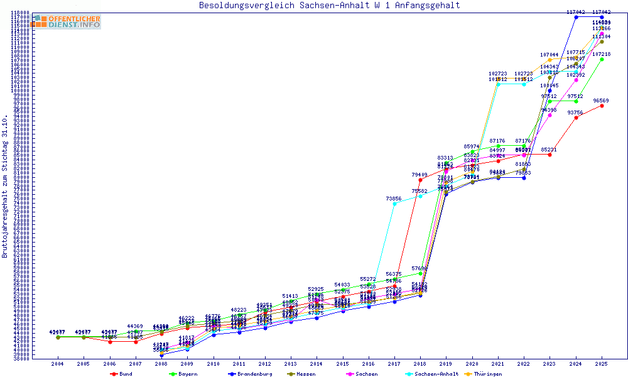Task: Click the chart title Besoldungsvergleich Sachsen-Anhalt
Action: tap(329, 6)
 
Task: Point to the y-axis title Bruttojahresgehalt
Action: tap(5, 187)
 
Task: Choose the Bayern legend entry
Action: tap(184, 373)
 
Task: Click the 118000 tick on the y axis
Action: tap(21, 13)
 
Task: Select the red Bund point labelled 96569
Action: tap(602, 106)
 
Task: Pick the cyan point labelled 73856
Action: tap(394, 204)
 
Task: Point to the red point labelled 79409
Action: tap(420, 180)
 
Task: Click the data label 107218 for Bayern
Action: tap(601, 54)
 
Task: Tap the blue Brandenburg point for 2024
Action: tap(576, 17)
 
